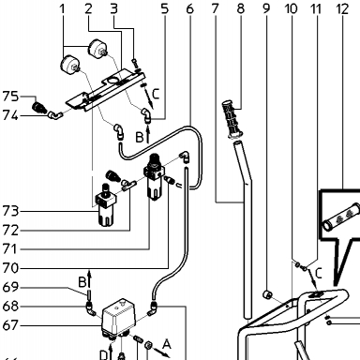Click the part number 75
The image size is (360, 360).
[10, 97]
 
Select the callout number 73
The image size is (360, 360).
[10, 211]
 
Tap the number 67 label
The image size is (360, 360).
[10, 325]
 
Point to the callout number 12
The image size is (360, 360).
[342, 8]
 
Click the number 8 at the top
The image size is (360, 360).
[240, 8]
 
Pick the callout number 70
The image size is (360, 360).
[10, 268]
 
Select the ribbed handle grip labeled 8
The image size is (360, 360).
[232, 119]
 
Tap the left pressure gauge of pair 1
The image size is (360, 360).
[69, 65]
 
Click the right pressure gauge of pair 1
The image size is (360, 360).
[97, 49]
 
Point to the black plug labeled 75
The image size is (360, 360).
[40, 107]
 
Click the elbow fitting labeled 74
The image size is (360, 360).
[55, 116]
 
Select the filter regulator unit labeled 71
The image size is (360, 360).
[153, 176]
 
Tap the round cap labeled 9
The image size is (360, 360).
[267, 294]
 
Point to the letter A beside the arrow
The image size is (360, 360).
[167, 344]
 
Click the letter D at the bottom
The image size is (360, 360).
[103, 355]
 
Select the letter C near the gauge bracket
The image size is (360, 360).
[156, 94]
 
